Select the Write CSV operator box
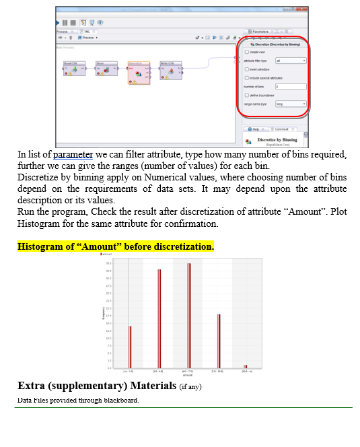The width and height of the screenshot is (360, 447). tap(170, 69)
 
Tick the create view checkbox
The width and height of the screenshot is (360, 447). tap(247, 52)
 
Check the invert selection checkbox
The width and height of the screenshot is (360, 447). tap(247, 69)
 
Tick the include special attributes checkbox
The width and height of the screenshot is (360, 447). tap(247, 78)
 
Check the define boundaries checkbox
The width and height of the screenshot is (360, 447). tap(247, 95)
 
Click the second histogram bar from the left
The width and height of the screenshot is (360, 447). tap(159, 318)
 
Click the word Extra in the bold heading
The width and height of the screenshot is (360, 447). tap(32, 386)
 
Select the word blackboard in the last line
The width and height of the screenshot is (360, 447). tap(120, 400)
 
